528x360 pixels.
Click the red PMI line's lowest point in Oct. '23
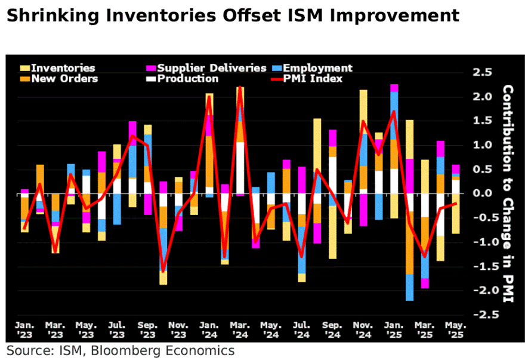[163, 270]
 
